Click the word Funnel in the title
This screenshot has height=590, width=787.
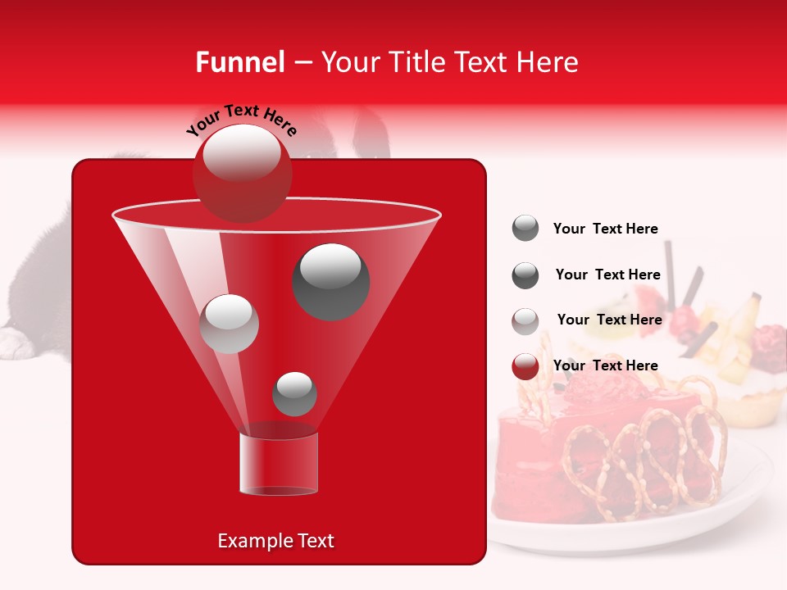[x=240, y=62]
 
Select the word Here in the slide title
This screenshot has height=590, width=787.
[x=548, y=62]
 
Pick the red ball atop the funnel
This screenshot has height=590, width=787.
[x=242, y=173]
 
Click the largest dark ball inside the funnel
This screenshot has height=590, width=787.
[x=331, y=281]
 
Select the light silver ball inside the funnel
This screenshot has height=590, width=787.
[x=230, y=324]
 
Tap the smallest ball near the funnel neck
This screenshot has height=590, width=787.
[x=294, y=394]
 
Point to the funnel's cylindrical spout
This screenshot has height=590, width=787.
[x=279, y=465]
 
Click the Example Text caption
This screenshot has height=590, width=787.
[x=275, y=541]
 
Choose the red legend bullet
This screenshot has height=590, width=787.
[x=525, y=366]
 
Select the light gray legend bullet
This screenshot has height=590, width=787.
[x=525, y=320]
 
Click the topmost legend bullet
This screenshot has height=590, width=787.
[x=525, y=229]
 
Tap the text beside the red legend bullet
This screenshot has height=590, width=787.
[x=606, y=365]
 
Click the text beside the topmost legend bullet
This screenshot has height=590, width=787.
[x=606, y=229]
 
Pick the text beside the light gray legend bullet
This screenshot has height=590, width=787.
[x=609, y=320]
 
